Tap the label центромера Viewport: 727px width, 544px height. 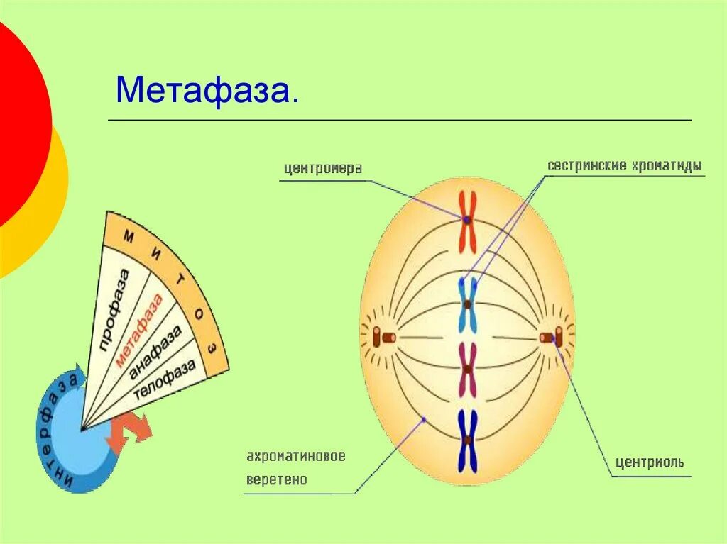(x=322, y=169)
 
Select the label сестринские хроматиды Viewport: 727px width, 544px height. (x=624, y=166)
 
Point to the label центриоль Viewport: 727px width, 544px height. (x=649, y=462)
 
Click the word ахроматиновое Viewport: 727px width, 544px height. (x=296, y=456)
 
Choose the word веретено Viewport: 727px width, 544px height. (x=277, y=480)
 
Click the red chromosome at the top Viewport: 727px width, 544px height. (x=467, y=221)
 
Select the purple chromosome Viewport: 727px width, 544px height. (x=468, y=370)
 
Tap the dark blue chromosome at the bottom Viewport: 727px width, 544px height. (x=467, y=440)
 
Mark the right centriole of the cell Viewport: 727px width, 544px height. (x=551, y=338)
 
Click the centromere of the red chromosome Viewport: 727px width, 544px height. (x=467, y=221)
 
